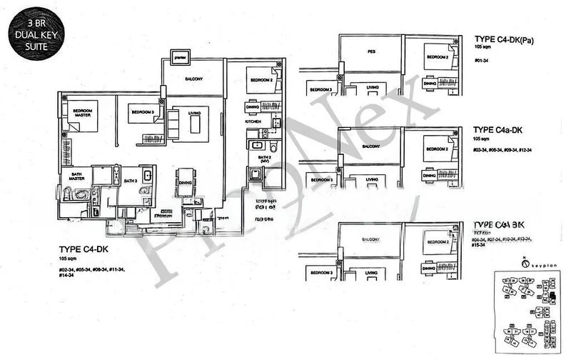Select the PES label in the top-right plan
[x=371, y=52]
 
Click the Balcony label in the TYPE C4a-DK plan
[x=371, y=146]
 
